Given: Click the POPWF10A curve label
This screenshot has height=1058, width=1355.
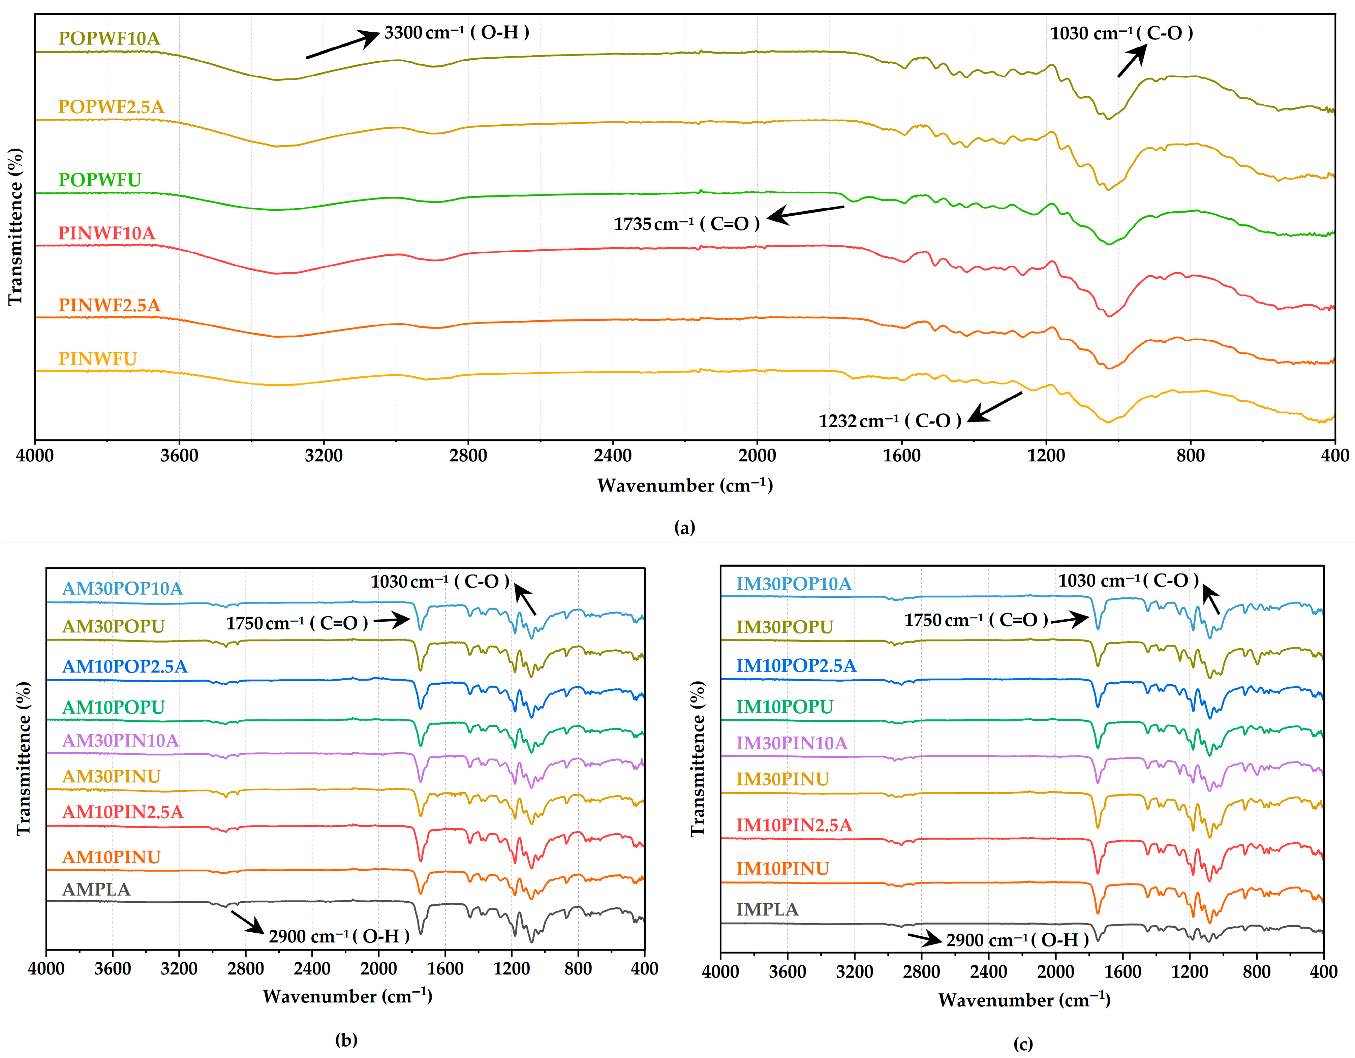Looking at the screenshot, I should pos(109,38).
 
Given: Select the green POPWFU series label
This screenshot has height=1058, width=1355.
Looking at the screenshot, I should pos(100,180).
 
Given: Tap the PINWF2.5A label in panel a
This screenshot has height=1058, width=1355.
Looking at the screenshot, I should pos(109,305).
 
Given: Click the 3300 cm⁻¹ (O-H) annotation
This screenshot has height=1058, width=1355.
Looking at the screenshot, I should pos(457,32).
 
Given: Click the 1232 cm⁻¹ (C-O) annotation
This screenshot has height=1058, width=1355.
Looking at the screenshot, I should pos(890,421).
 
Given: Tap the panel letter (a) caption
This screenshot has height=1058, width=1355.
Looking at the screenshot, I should pos(684,527).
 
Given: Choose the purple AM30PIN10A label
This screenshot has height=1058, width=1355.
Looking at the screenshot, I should pos(120,741).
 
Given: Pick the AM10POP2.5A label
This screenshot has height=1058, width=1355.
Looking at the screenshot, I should pos(125,666).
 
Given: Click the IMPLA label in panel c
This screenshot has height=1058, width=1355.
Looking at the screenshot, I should pos(767,910).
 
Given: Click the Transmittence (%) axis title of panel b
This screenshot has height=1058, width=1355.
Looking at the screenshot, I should pos(24,758).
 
